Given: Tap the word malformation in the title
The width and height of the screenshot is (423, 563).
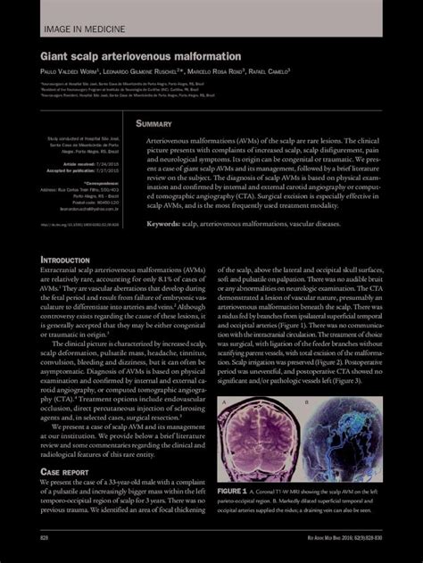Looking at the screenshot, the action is [198, 55].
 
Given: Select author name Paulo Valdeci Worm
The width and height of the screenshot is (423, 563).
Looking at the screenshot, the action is [72, 72].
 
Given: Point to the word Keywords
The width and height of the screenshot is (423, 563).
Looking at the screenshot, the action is [167, 224].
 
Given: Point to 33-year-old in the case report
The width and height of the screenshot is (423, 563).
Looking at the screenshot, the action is [129, 483].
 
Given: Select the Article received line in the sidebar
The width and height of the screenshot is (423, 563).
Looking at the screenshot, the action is [95, 166].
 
